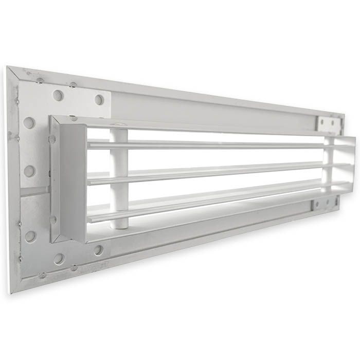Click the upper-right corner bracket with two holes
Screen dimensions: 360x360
tap(329, 124)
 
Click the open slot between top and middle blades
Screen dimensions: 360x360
tap(216, 158)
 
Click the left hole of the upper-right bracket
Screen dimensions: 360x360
tap(323, 123)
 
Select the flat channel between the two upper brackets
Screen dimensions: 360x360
tap(216, 105)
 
